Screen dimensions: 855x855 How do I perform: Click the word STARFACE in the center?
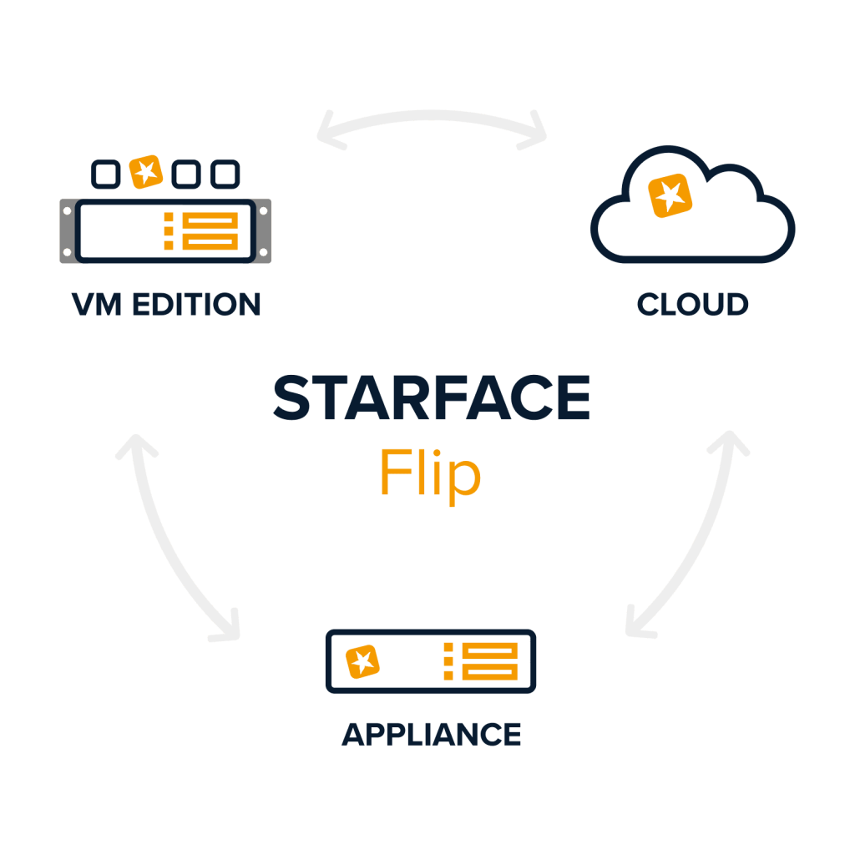point(431,399)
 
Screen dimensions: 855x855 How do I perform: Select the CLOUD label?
point(692,305)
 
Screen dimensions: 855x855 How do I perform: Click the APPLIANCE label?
point(432,735)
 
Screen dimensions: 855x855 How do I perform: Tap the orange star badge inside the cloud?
point(670,196)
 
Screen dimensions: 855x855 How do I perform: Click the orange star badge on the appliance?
point(362,661)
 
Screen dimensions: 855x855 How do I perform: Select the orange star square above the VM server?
point(147,172)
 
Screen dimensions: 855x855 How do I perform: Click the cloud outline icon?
point(693,209)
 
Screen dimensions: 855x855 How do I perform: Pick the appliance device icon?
point(431,661)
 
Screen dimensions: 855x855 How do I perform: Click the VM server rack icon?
point(165,230)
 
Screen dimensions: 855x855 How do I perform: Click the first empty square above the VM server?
point(104,174)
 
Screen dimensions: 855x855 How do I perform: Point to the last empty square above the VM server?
point(225,174)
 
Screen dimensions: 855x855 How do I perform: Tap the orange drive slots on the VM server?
point(210,230)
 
